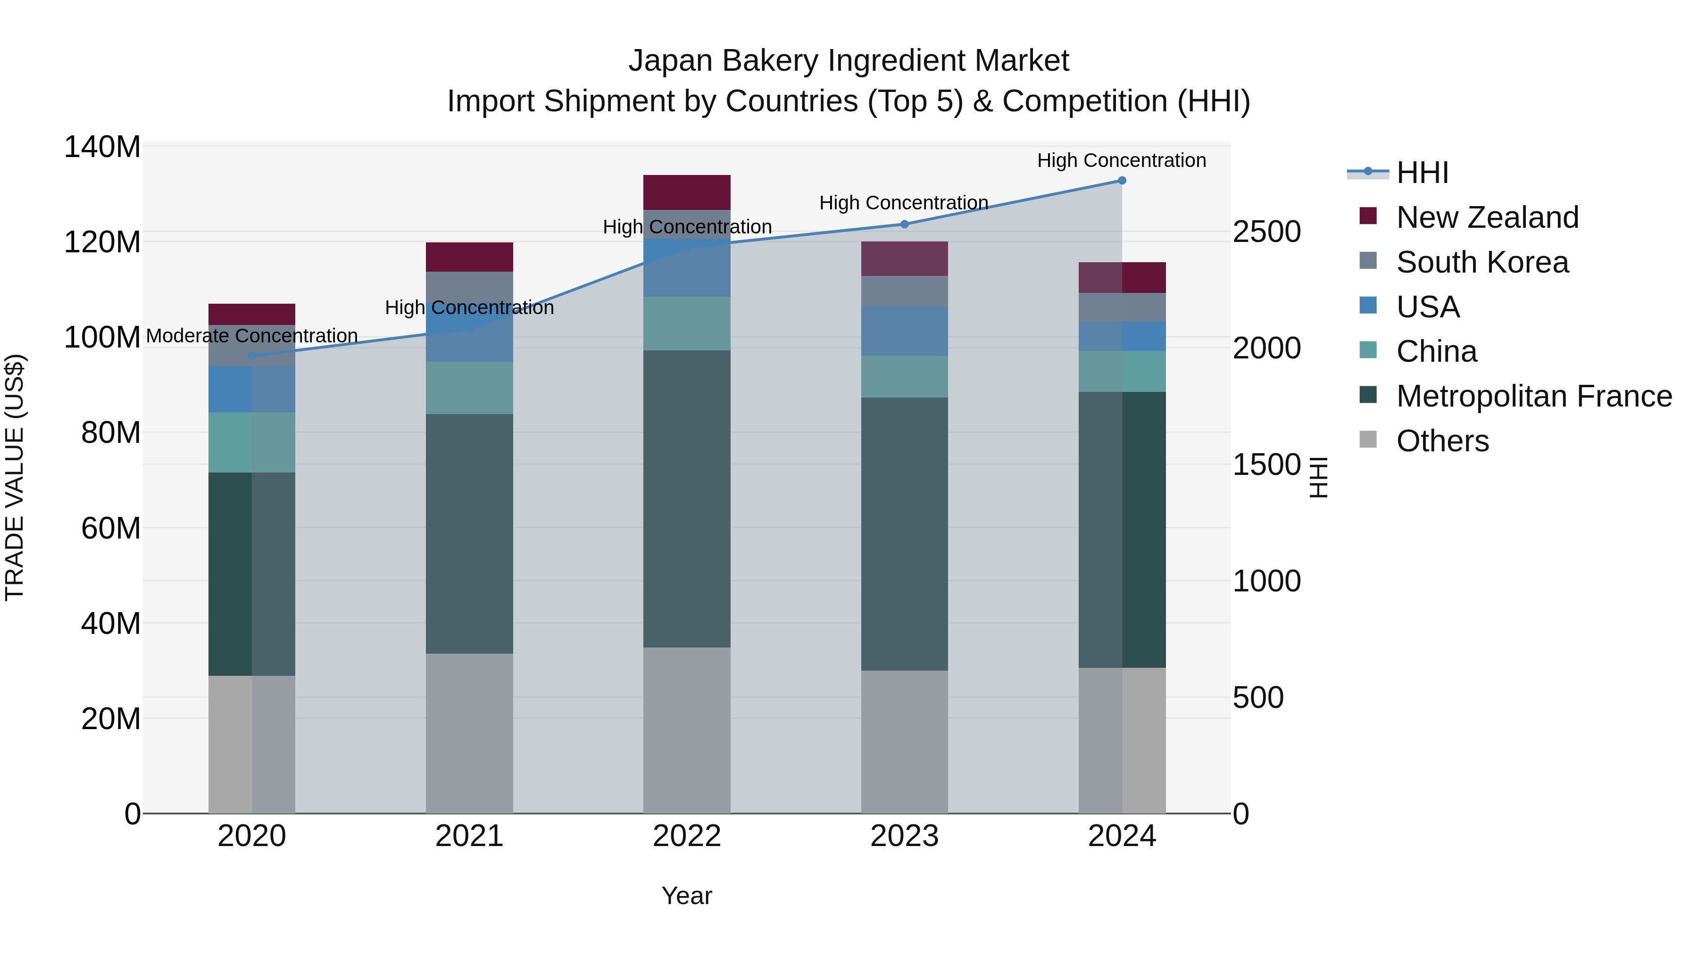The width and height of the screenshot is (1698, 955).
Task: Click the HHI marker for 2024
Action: click(1122, 181)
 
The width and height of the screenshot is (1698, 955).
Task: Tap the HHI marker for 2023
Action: click(904, 224)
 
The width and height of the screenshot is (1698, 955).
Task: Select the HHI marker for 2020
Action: click(252, 356)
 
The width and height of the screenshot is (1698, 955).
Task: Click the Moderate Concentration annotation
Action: click(252, 336)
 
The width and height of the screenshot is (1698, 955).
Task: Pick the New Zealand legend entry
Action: click(1487, 217)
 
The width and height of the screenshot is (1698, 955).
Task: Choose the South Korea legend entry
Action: click(1482, 262)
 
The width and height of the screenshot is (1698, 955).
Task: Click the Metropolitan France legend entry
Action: click(1534, 396)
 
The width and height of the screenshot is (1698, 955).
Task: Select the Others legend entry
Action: click(1442, 441)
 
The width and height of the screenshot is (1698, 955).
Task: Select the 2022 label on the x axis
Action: click(687, 836)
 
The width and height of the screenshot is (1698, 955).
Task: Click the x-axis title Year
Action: click(687, 896)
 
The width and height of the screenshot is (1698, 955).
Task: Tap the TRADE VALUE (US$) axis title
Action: click(15, 477)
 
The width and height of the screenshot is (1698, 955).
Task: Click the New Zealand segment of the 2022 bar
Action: click(687, 192)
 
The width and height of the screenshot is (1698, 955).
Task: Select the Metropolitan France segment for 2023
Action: click(904, 534)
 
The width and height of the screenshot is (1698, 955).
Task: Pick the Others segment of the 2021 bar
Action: click(469, 733)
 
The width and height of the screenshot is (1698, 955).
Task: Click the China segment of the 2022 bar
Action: click(687, 324)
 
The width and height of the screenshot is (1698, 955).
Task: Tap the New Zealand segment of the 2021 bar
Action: click(469, 257)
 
